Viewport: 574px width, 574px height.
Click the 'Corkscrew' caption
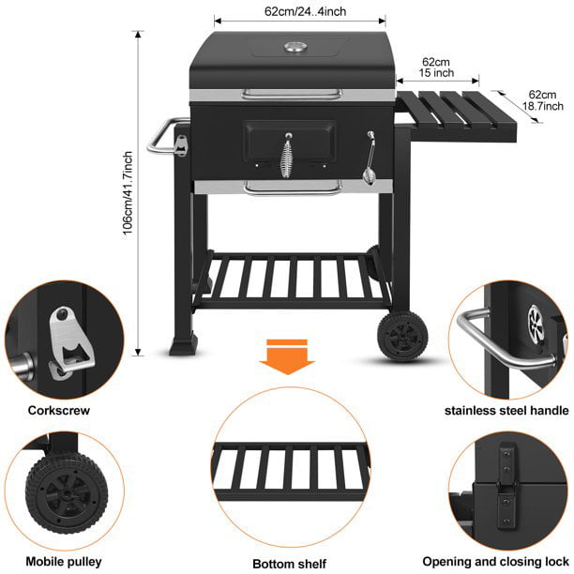(53, 411)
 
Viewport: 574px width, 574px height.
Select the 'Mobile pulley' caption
(64, 563)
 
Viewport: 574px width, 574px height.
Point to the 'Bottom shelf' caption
(288, 564)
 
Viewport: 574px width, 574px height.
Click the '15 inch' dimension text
(437, 72)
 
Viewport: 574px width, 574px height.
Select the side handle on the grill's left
(165, 137)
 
